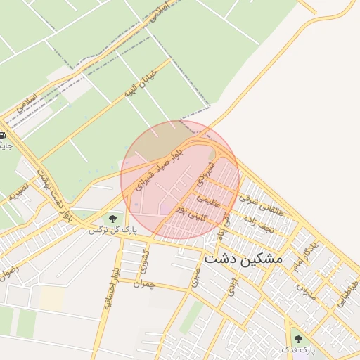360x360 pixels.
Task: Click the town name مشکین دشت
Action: coord(243,259)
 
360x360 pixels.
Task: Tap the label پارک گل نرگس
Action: coord(112,230)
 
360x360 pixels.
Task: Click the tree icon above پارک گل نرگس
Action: coord(112,219)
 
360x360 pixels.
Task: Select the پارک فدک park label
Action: coord(299,349)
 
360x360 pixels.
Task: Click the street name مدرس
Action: coord(302,289)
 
